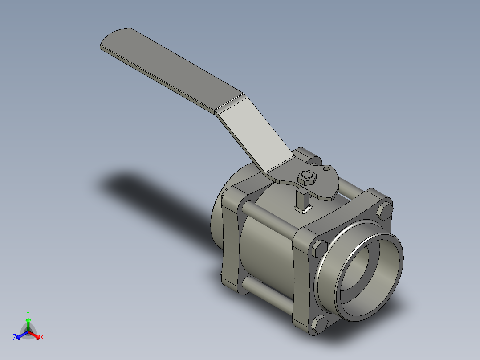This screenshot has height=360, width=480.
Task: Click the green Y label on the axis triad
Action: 28,313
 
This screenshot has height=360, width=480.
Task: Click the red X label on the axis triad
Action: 41,338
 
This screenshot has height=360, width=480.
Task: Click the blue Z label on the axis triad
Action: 15,338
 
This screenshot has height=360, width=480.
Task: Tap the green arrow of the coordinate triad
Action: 28,323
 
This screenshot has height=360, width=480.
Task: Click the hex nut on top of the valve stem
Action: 307,177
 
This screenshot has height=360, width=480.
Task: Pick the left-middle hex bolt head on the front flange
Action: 320,248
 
